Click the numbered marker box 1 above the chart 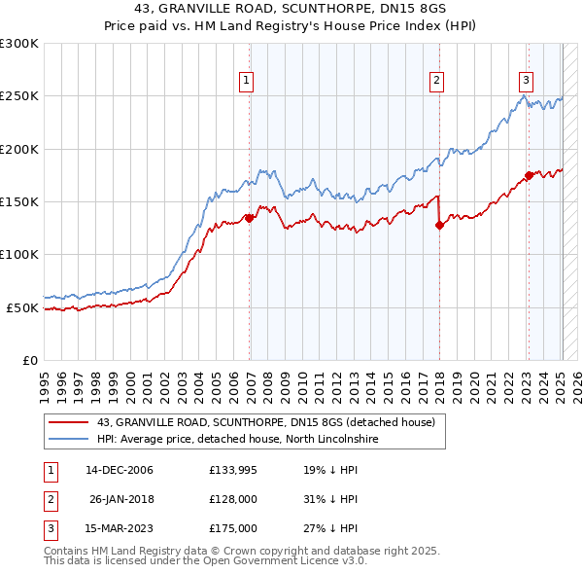pyautogui.click(x=247, y=81)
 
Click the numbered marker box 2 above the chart pyautogui.click(x=437, y=81)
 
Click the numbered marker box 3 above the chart pyautogui.click(x=526, y=81)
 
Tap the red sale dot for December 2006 pyautogui.click(x=250, y=218)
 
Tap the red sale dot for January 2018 pyautogui.click(x=439, y=225)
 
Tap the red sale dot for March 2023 pyautogui.click(x=529, y=175)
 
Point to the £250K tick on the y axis pyautogui.click(x=19, y=96)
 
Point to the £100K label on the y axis pyautogui.click(x=19, y=254)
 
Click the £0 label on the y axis pyautogui.click(x=29, y=360)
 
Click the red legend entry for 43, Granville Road pyautogui.click(x=271, y=422)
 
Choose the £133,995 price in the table pyautogui.click(x=233, y=470)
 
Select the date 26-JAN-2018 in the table pyautogui.click(x=121, y=499)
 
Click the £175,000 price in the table pyautogui.click(x=233, y=528)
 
